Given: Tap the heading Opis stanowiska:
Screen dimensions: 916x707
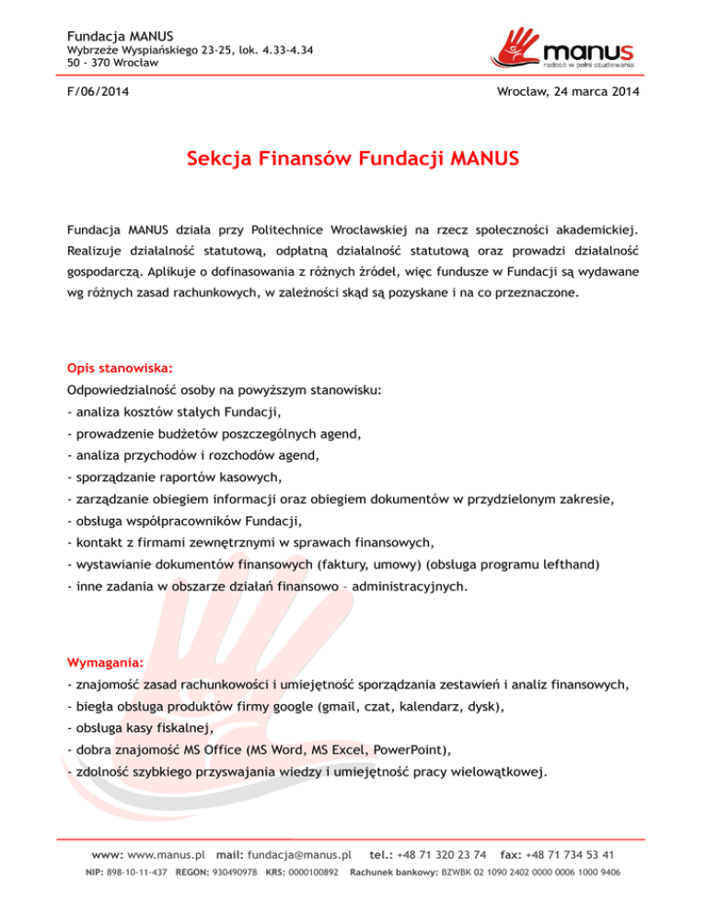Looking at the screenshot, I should (x=108, y=367).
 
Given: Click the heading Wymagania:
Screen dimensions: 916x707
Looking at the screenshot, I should (x=105, y=662).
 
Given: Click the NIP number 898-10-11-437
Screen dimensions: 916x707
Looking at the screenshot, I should (x=136, y=871).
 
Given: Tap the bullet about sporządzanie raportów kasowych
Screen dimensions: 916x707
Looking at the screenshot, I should (x=174, y=477).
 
